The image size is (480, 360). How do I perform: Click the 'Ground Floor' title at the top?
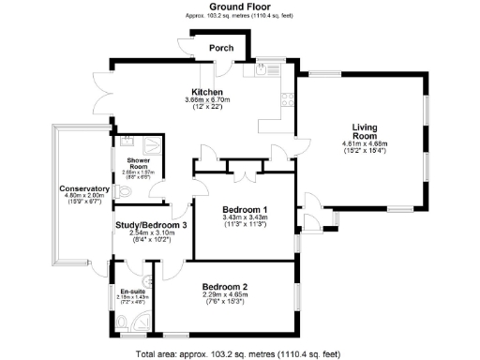point(240,7)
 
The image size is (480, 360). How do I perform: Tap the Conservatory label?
point(84,189)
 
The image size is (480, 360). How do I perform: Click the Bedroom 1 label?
point(246,209)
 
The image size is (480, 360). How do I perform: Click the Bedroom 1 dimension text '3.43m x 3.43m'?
point(246,217)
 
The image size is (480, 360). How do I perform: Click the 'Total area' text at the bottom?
point(240,354)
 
